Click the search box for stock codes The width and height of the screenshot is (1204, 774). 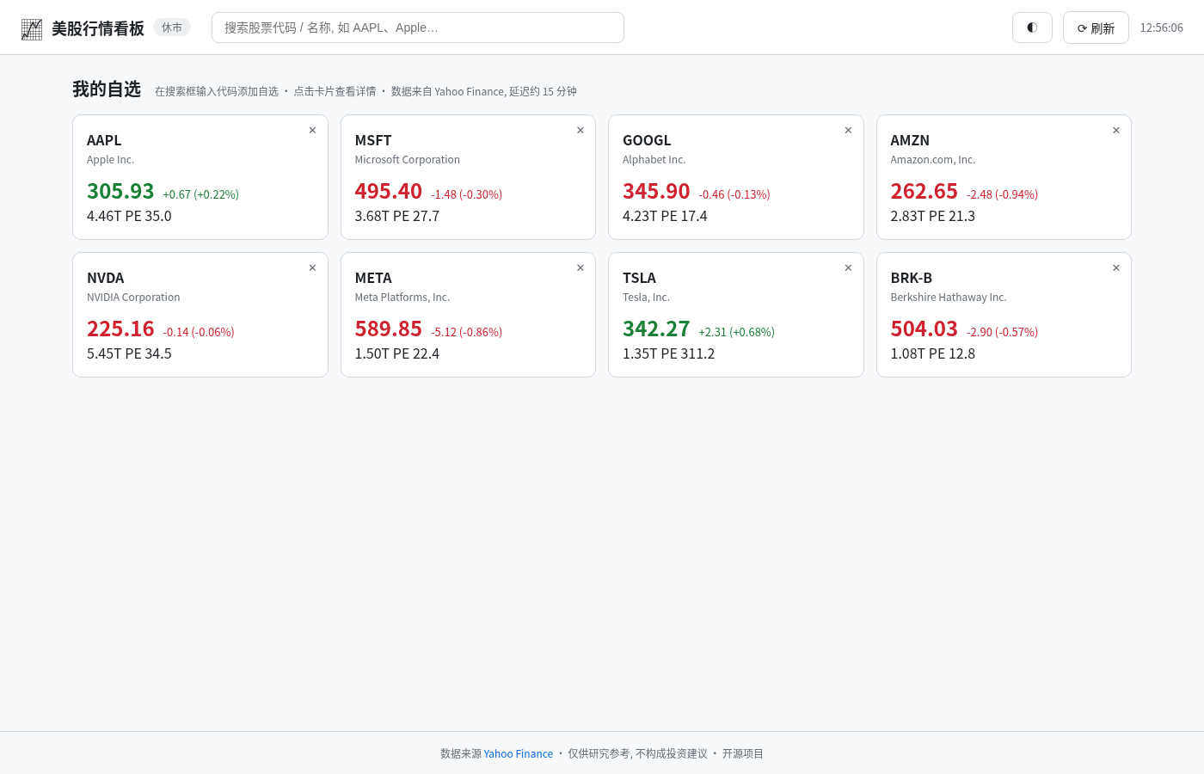tap(418, 28)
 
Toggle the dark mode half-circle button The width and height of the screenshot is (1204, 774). tap(1032, 28)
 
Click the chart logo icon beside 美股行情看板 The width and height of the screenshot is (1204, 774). tap(32, 29)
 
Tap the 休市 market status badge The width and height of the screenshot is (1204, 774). tap(172, 28)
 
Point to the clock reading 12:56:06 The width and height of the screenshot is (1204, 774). tap(1162, 28)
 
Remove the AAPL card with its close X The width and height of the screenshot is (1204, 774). tap(312, 130)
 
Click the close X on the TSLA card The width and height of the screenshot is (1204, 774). tap(848, 267)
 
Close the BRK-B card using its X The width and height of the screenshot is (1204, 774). tap(1116, 267)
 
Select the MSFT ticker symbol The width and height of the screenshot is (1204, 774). tap(373, 140)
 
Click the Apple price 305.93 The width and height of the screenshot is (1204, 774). tap(120, 191)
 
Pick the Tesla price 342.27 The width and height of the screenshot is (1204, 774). tap(655, 329)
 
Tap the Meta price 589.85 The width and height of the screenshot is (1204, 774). tap(388, 329)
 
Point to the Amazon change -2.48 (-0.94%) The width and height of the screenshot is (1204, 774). tap(1002, 194)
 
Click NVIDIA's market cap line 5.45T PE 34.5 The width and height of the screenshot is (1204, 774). tap(129, 353)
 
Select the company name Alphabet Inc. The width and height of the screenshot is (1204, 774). tap(654, 160)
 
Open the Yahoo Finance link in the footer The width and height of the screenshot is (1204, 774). tap(518, 753)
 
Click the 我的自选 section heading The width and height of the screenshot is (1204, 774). tap(107, 89)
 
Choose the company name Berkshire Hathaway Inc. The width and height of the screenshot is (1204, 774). tap(948, 298)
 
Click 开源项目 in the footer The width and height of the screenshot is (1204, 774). tap(742, 753)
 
